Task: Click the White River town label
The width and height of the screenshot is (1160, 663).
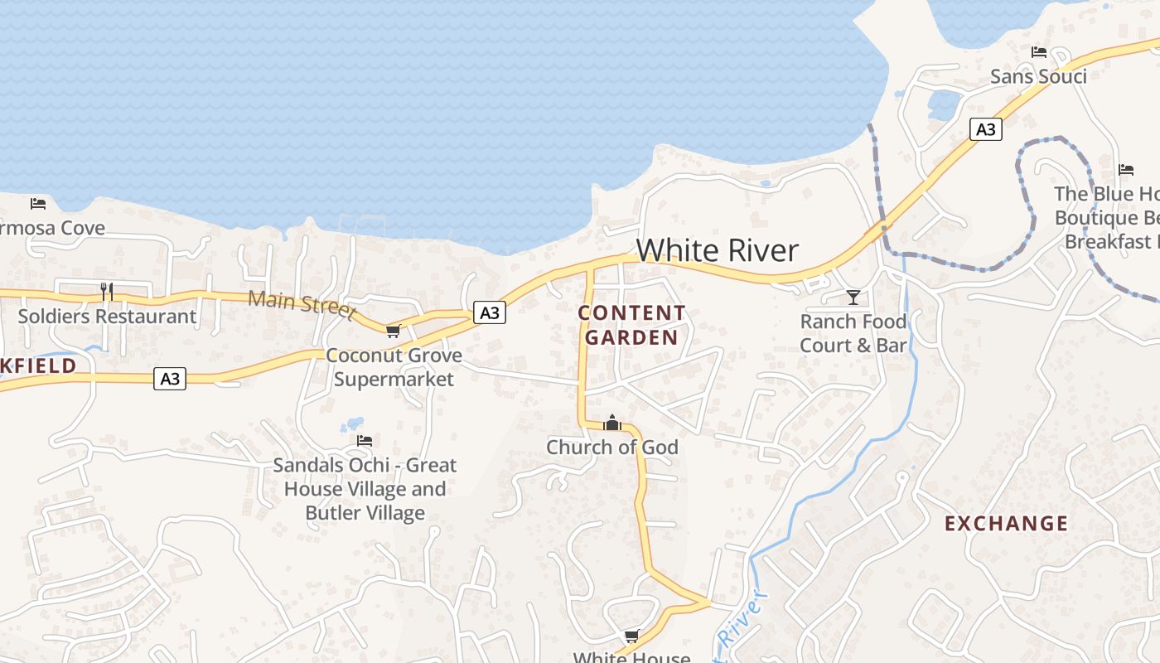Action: click(718, 250)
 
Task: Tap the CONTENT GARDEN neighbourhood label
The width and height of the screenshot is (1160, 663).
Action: click(632, 325)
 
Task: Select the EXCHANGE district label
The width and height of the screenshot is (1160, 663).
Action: click(1007, 523)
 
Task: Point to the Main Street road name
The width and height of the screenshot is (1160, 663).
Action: click(302, 304)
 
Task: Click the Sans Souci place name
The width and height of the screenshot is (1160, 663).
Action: click(1038, 77)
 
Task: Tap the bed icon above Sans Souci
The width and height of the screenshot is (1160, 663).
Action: click(1039, 52)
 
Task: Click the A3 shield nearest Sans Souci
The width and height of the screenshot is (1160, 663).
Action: click(985, 129)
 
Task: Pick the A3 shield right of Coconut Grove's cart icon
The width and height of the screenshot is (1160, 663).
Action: click(490, 312)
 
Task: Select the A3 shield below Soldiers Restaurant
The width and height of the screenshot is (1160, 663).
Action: click(170, 379)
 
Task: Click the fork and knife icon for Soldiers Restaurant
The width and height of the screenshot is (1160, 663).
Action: click(107, 291)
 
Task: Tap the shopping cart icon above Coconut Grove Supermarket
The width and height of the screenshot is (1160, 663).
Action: click(393, 331)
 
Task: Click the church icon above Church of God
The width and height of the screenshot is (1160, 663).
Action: click(612, 423)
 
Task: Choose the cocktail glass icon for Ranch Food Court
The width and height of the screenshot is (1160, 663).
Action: click(853, 297)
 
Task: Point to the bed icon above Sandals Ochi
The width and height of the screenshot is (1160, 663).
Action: click(365, 440)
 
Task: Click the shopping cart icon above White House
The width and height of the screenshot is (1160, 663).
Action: click(632, 636)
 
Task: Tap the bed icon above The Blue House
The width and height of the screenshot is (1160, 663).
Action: click(1126, 170)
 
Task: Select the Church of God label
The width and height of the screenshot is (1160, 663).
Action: click(612, 448)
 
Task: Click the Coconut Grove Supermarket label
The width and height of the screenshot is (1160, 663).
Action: click(394, 367)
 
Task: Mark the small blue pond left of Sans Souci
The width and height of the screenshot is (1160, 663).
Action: click(944, 104)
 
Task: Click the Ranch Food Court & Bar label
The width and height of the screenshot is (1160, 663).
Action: click(853, 333)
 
